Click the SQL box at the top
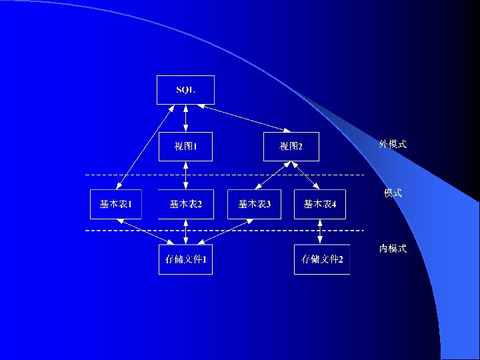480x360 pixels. (x=185, y=90)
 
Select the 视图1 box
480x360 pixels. (x=185, y=147)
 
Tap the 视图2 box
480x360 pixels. (x=291, y=147)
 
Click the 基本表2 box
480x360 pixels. (x=185, y=204)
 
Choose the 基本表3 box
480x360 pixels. (x=255, y=204)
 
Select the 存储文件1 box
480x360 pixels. (x=185, y=259)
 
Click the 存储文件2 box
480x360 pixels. (x=322, y=259)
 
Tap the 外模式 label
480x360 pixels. (x=393, y=144)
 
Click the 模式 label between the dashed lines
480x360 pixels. (x=393, y=193)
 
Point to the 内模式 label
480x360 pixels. (x=393, y=249)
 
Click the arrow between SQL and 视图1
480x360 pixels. (x=185, y=119)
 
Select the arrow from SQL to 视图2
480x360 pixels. (x=243, y=118)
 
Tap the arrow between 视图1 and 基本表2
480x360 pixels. (x=185, y=175)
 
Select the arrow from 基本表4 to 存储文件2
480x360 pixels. (x=321, y=231)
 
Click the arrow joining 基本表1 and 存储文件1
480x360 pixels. (x=149, y=231)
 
